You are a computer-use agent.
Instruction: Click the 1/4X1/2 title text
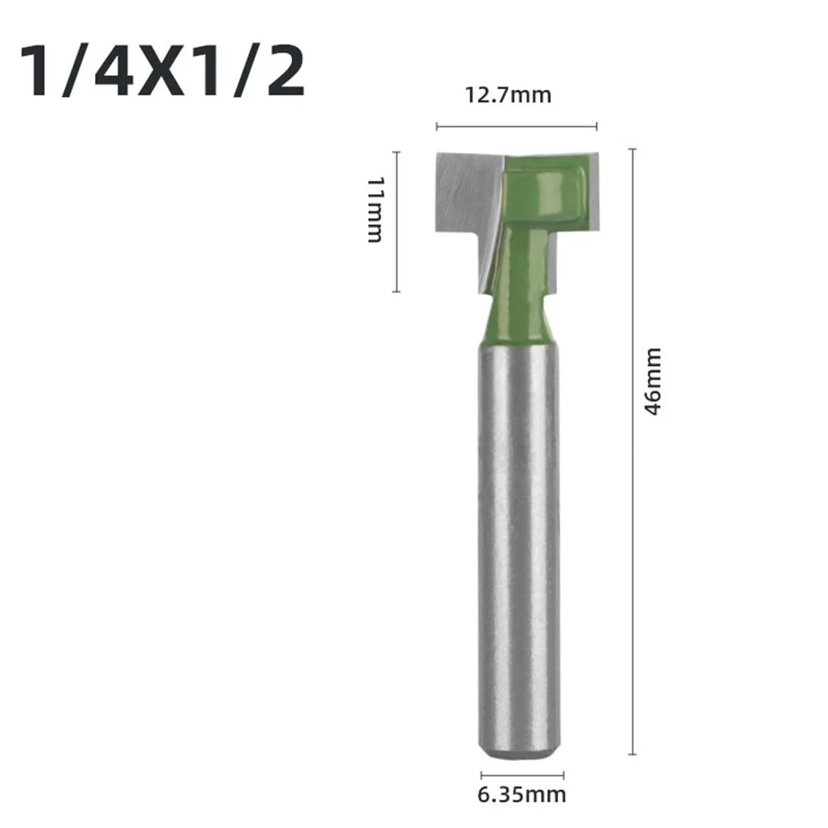pyautogui.click(x=162, y=73)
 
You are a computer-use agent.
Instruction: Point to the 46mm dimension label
pyautogui.click(x=653, y=380)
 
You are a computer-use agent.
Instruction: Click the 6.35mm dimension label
pyautogui.click(x=521, y=796)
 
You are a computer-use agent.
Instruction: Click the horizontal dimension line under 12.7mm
pyautogui.click(x=516, y=127)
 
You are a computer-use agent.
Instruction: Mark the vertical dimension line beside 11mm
pyautogui.click(x=397, y=222)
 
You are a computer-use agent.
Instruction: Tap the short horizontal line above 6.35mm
pyautogui.click(x=521, y=775)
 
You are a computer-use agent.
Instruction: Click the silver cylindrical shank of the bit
pyautogui.click(x=519, y=538)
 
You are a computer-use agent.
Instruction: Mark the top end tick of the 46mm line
pyautogui.click(x=633, y=150)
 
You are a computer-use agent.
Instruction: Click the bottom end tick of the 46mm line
pyautogui.click(x=633, y=754)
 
